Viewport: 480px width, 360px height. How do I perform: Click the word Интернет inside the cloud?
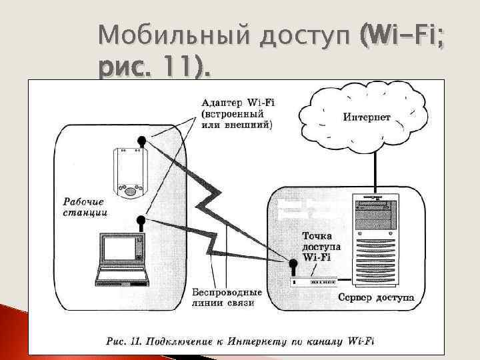367,118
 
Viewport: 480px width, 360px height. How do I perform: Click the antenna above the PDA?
141,141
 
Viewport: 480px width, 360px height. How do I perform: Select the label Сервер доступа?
375,297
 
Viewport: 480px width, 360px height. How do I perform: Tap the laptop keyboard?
121,273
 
